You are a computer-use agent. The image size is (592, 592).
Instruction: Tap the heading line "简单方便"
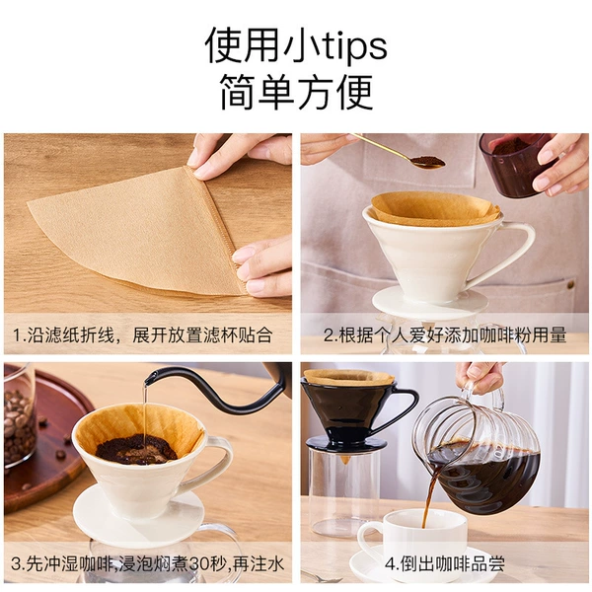pyautogui.click(x=296, y=92)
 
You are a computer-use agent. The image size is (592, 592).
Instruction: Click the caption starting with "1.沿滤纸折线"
pyautogui.click(x=143, y=334)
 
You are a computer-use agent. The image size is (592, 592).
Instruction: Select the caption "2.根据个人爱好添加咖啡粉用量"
pyautogui.click(x=445, y=334)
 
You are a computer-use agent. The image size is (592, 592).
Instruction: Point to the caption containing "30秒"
pyautogui.click(x=147, y=564)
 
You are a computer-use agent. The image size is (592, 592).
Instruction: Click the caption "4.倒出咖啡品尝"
pyautogui.click(x=445, y=564)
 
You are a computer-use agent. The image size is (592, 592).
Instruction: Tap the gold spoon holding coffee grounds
pyautogui.click(x=401, y=152)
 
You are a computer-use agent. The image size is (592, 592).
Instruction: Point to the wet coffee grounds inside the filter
pyautogui.click(x=136, y=449)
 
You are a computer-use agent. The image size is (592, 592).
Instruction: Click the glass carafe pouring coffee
pyautogui.click(x=477, y=453)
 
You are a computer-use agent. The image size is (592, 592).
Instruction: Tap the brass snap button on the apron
pyautogui.click(x=571, y=284)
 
